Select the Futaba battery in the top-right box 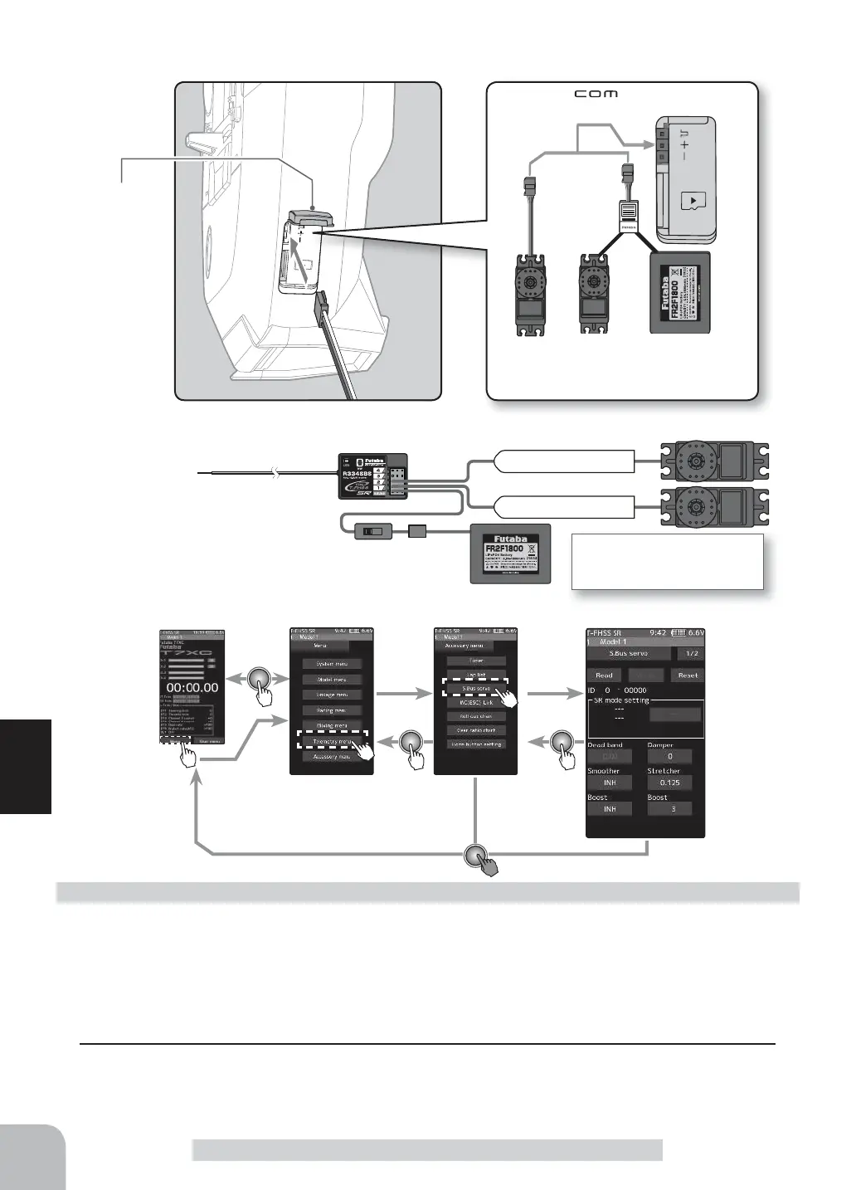click(679, 292)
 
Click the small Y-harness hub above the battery click(630, 217)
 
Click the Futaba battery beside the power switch click(510, 553)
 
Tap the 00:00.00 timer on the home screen click(192, 687)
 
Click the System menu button click(330, 664)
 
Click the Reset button click(688, 675)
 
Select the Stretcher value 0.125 click(669, 783)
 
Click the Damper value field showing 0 click(669, 756)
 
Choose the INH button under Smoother click(610, 783)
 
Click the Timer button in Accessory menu click(475, 661)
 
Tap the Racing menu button click(330, 710)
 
